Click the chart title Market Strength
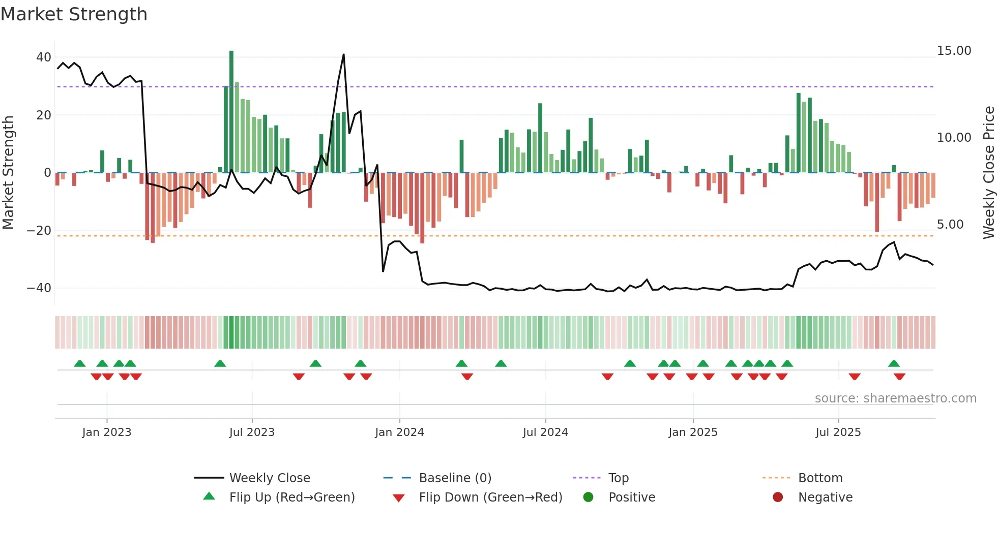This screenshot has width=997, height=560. (x=74, y=14)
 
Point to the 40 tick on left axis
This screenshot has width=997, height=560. (x=44, y=57)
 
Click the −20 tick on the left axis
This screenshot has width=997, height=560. (x=39, y=231)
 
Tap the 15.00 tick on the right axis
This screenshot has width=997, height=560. (x=954, y=51)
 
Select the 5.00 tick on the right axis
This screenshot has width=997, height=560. (x=950, y=225)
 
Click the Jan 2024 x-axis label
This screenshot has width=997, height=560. (x=399, y=432)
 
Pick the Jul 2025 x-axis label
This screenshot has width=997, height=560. (x=838, y=432)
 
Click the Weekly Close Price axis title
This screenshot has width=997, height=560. (x=988, y=173)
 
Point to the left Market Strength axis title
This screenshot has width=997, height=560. (x=8, y=173)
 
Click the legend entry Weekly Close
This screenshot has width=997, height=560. (x=269, y=478)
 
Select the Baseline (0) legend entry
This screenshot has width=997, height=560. (x=455, y=478)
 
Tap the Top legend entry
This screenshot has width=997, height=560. (x=618, y=478)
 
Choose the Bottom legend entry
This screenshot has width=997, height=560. (x=820, y=478)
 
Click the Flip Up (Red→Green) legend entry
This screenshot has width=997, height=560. (x=291, y=497)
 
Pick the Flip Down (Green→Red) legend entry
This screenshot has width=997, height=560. (x=490, y=497)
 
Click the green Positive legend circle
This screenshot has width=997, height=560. (x=588, y=497)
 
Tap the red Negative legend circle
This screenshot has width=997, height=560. (x=777, y=497)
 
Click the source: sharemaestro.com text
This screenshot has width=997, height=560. (x=895, y=398)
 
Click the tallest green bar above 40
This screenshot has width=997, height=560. (x=231, y=112)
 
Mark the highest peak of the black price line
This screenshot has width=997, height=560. (x=344, y=54)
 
